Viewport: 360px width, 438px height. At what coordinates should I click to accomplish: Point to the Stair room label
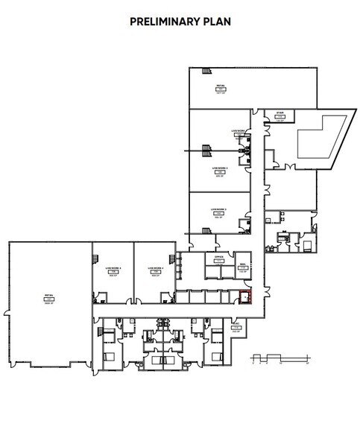pos(281,114)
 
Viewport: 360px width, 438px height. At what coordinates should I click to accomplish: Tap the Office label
pos(219,257)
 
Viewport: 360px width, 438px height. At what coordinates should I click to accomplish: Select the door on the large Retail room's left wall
pos(9,306)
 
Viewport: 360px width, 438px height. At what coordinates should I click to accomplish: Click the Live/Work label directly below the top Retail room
pos(239,131)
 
